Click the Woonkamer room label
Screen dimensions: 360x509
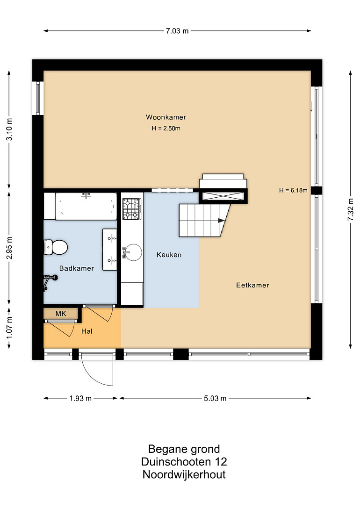[166, 117]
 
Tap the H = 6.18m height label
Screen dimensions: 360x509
[293, 190]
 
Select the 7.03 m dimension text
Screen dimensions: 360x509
[177, 31]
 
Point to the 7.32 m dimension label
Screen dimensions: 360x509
[351, 209]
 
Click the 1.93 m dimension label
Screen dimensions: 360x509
[80, 398]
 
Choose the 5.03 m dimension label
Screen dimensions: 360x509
[215, 398]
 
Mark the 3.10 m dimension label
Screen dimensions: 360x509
[9, 129]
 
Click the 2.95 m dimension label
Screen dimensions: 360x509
[9, 248]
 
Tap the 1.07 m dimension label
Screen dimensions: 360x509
[9, 328]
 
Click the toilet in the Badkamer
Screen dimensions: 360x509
[56, 247]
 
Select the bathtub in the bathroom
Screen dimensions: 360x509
[86, 206]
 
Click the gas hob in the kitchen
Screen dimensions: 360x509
[132, 209]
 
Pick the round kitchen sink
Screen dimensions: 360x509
[133, 252]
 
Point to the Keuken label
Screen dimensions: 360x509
[169, 255]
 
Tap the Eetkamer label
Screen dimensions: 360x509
[252, 285]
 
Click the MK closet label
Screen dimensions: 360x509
[61, 314]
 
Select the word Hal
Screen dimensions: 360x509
[86, 331]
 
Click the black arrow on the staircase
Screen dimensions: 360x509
[221, 221]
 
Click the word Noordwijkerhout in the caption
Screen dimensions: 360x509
[184, 474]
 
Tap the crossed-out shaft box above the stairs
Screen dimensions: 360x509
[223, 196]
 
